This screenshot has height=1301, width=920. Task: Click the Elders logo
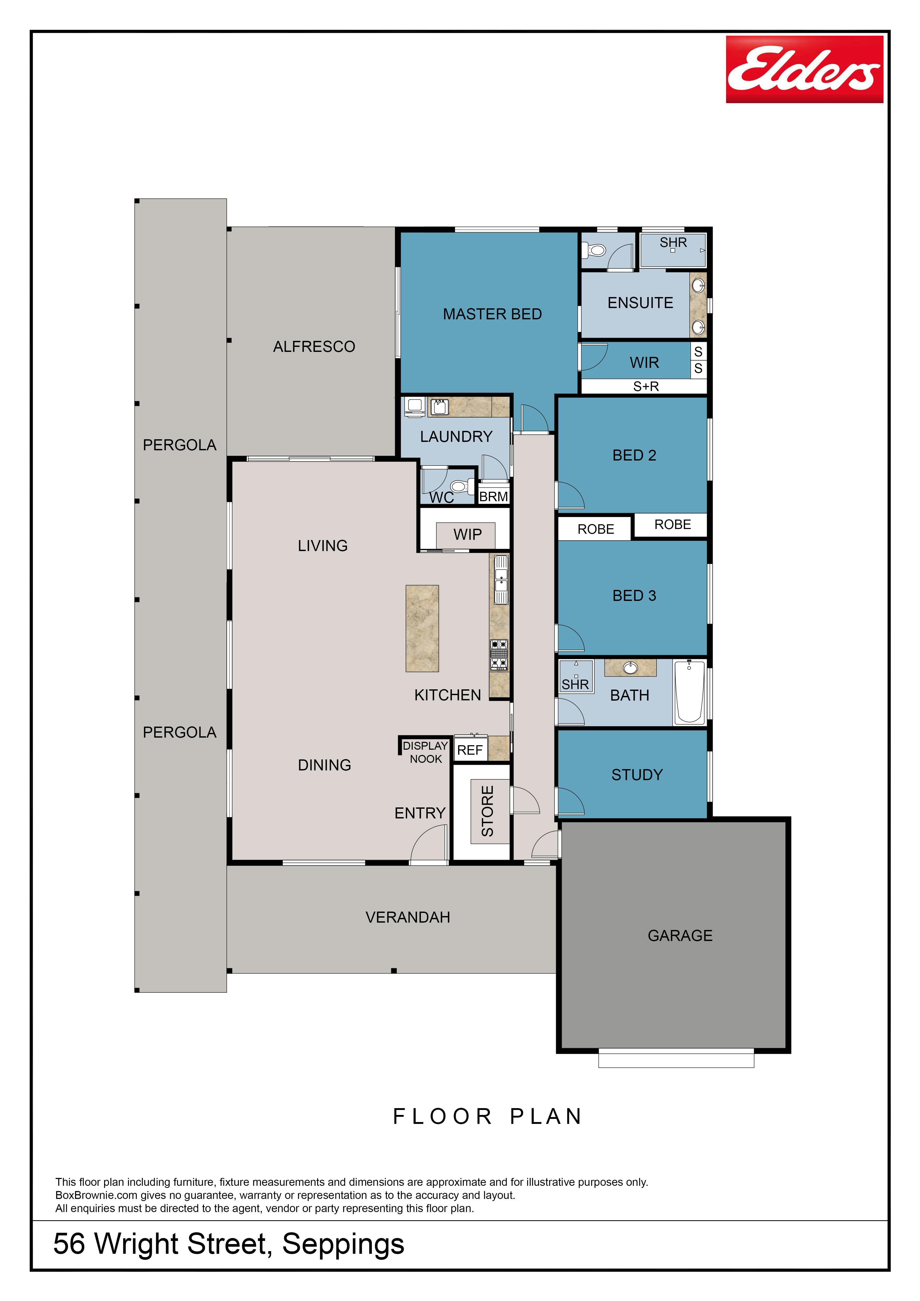pos(805,69)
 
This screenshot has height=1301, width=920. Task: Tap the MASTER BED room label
pos(492,314)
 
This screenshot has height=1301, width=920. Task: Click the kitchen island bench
pos(422,628)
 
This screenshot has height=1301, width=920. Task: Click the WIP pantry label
pos(467,534)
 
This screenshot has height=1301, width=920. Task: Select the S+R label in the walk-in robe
pos(646,387)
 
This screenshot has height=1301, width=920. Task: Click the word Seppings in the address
pos(343,1244)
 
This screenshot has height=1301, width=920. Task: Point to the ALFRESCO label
pos(314,346)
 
